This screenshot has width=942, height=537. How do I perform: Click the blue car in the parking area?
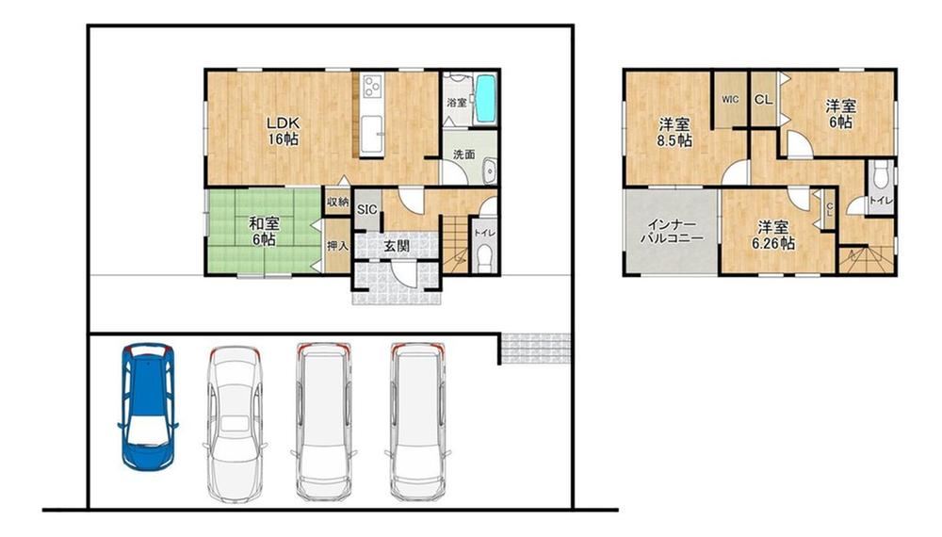tap(148, 406)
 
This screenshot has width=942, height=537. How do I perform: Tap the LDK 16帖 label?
tap(283, 131)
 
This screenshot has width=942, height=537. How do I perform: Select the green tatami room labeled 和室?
tap(264, 231)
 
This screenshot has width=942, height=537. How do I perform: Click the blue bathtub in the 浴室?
tap(485, 100)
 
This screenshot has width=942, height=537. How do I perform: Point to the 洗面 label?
tap(463, 155)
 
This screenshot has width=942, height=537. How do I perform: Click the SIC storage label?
tap(367, 210)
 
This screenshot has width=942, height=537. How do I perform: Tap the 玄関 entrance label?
tap(397, 246)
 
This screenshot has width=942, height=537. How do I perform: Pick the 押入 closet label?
tap(337, 246)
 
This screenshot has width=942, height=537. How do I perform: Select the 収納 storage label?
tap(337, 202)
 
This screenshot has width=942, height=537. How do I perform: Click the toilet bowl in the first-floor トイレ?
tap(483, 259)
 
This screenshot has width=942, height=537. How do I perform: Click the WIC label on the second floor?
tap(730, 100)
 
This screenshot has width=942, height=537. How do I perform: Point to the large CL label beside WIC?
tap(764, 100)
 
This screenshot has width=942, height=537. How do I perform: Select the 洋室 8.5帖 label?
tap(674, 133)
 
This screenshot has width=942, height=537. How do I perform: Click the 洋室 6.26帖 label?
tap(773, 235)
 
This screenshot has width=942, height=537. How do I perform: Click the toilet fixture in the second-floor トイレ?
tap(880, 175)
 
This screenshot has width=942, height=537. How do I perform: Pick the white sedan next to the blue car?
tap(235, 423)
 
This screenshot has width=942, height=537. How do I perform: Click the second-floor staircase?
tap(867, 260)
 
